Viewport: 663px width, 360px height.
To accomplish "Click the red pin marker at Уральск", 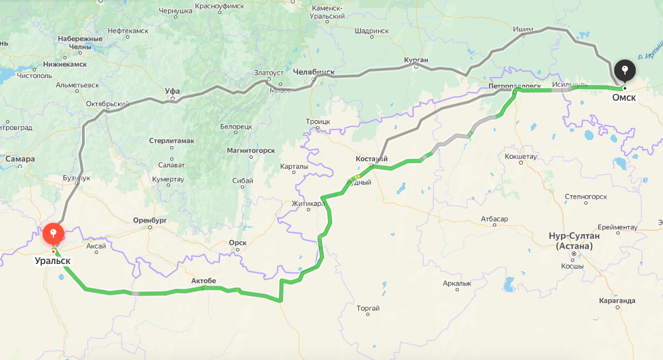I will [53, 234].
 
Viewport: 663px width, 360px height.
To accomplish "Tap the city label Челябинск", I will [313, 72].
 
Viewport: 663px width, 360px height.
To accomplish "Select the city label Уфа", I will [172, 91].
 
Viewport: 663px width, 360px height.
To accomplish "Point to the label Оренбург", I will [149, 219].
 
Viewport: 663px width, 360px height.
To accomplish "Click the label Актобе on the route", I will [203, 281].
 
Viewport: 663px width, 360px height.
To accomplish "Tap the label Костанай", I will [372, 159].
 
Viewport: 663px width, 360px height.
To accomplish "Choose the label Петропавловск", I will [514, 86].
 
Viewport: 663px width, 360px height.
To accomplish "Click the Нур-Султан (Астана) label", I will [574, 241].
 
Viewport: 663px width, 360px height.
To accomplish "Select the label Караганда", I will [617, 301].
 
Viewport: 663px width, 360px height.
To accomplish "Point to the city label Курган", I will [416, 60].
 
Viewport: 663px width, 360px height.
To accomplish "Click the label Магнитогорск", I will [251, 150].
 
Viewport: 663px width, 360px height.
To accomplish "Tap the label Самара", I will [20, 159].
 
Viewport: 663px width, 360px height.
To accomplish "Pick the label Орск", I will [237, 243].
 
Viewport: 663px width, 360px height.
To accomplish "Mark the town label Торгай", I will [368, 308].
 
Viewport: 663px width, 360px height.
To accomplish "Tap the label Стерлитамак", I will [171, 141].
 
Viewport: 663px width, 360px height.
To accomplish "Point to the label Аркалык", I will [457, 283].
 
